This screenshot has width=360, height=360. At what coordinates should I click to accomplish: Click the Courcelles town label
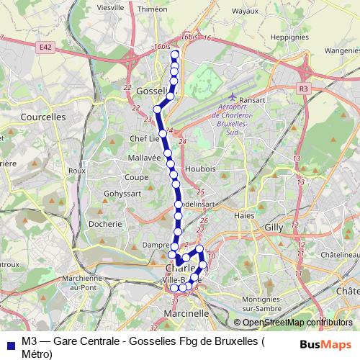click(x=43, y=115)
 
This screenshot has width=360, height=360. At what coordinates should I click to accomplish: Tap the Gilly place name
click(x=274, y=226)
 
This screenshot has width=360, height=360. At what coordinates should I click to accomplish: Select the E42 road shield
click(x=46, y=47)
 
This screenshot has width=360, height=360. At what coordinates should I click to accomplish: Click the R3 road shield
click(x=302, y=88)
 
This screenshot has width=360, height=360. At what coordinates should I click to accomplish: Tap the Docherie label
click(x=105, y=224)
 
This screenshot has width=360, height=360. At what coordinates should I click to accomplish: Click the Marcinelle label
click(x=186, y=313)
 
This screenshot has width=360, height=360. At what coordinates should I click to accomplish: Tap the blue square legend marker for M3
click(x=9, y=343)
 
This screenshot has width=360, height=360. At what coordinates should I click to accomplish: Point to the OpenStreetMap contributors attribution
click(x=293, y=323)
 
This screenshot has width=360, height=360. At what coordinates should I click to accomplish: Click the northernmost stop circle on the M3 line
click(x=174, y=54)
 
